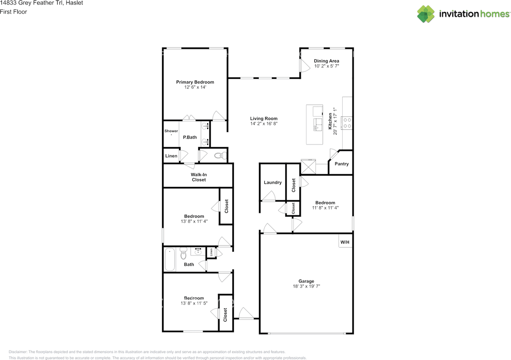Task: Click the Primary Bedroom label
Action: (195, 82)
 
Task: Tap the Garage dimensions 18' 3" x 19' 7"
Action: (306, 286)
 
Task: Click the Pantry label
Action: (341, 164)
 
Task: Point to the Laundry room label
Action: (273, 182)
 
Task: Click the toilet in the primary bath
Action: (220, 156)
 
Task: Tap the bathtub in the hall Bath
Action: (170, 260)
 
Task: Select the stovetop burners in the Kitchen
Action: (347, 123)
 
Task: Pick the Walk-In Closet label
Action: (199, 177)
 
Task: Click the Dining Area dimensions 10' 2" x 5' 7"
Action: (327, 66)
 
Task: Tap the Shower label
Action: (171, 131)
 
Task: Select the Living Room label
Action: (264, 119)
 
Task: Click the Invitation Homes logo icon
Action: (426, 14)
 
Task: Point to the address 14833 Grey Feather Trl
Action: (32, 3)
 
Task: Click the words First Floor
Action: (14, 12)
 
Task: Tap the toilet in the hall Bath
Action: (183, 253)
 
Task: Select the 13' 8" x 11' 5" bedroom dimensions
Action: (194, 303)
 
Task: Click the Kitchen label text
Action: (330, 121)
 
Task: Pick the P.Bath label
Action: (190, 137)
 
